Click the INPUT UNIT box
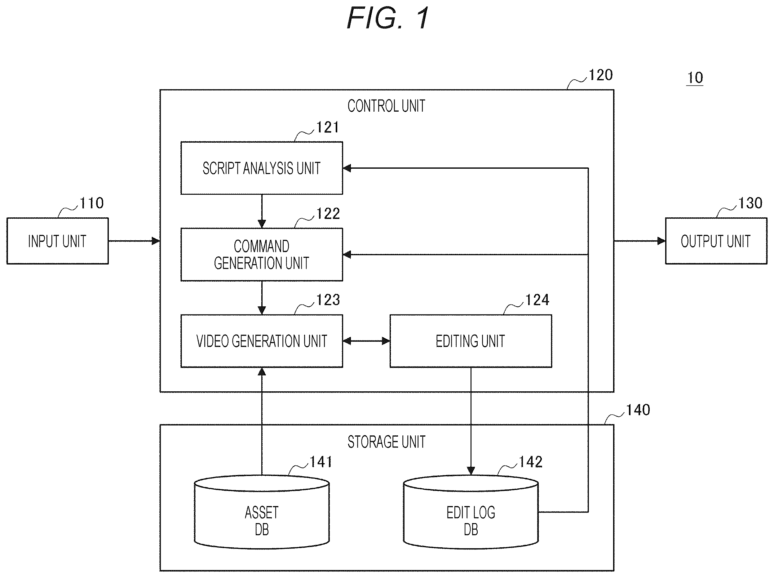click(x=58, y=241)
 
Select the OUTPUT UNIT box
click(x=716, y=241)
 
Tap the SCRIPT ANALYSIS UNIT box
click(x=262, y=168)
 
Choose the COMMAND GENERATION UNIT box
click(x=262, y=254)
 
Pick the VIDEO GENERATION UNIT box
click(x=262, y=341)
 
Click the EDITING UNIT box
click(x=471, y=341)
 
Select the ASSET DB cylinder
click(x=262, y=512)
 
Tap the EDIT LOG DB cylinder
click(x=471, y=512)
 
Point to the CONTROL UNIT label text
click(x=387, y=106)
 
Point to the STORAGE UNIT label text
click(x=387, y=442)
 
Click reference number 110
click(x=92, y=203)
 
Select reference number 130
click(x=750, y=203)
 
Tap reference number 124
click(x=537, y=300)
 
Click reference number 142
click(x=531, y=462)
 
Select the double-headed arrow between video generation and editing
click(x=366, y=341)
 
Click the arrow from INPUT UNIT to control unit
click(x=134, y=241)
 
